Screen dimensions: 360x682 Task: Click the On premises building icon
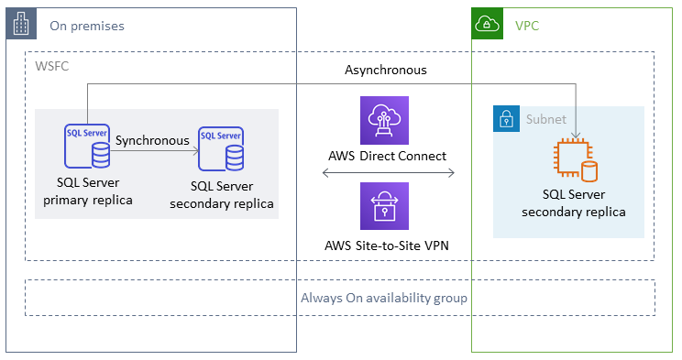[20, 25]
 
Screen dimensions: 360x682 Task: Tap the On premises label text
[87, 26]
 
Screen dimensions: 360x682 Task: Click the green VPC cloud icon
[486, 25]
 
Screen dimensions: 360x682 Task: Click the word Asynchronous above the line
[386, 70]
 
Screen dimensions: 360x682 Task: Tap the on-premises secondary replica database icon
[221, 149]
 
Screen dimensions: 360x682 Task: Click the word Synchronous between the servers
[152, 141]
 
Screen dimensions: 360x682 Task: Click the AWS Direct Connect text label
[386, 156]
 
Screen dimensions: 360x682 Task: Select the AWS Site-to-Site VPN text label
[386, 245]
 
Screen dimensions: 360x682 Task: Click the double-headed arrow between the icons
[388, 172]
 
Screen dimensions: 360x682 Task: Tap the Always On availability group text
[384, 298]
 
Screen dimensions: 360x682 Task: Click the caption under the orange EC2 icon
[574, 203]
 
